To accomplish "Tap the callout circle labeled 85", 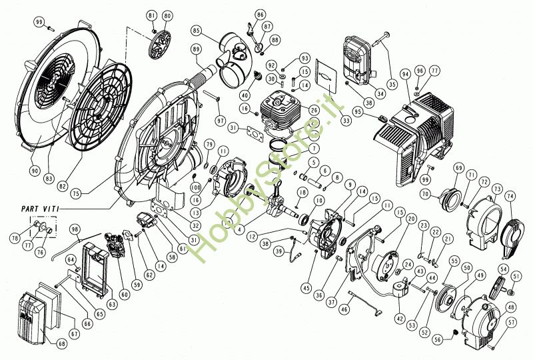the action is [x=196, y=31].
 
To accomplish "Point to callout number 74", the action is [x=510, y=197].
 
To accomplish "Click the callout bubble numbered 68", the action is [x=62, y=344].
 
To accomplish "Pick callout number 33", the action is [x=346, y=121].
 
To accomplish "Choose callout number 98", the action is [x=75, y=229].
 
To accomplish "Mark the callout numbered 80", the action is [x=167, y=15].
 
